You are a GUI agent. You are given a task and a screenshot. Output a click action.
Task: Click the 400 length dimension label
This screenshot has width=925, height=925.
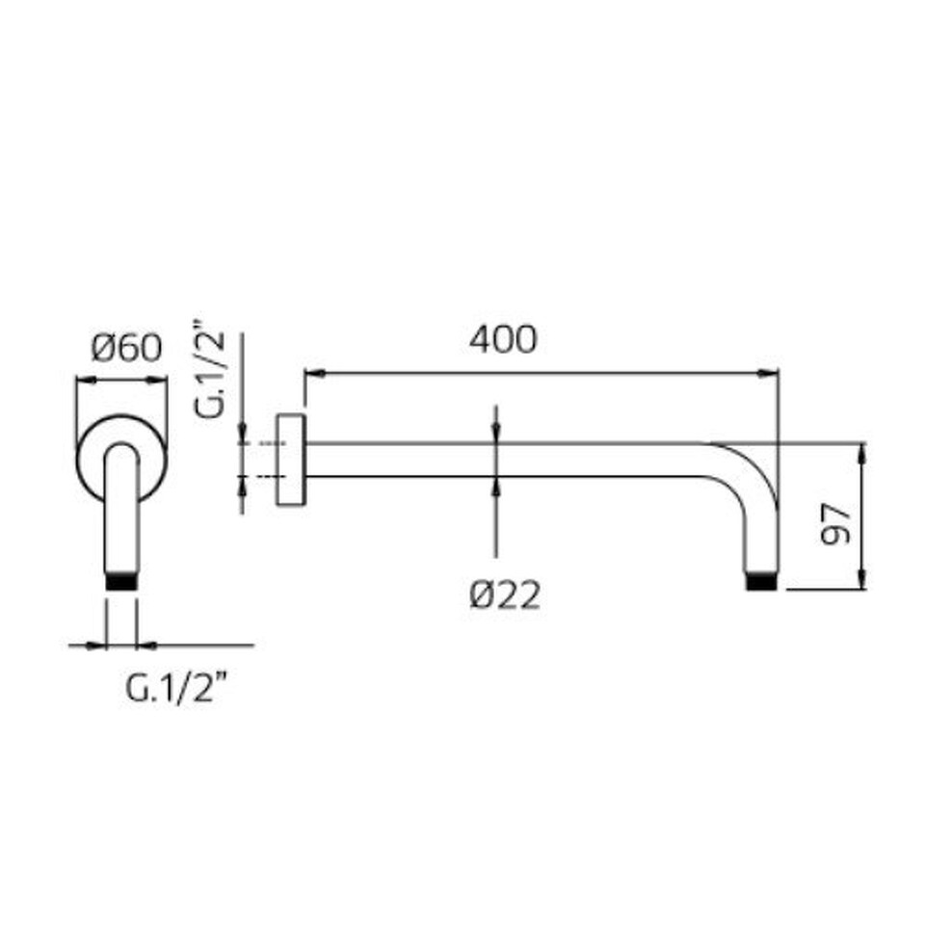[503, 339]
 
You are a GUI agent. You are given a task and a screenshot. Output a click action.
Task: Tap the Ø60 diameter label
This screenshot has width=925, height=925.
[126, 348]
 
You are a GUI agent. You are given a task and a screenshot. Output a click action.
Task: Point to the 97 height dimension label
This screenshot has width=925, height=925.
[836, 523]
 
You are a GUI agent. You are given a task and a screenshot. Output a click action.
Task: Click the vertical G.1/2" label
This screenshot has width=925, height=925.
[210, 369]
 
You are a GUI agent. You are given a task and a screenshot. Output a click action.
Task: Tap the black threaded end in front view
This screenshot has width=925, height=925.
[121, 580]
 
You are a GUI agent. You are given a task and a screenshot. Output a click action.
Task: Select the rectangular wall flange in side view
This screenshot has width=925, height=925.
[291, 460]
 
